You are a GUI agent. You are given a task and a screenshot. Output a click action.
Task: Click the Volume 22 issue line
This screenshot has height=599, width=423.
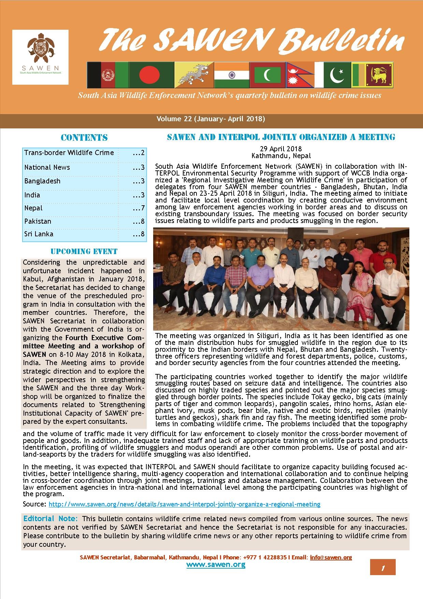[211, 119]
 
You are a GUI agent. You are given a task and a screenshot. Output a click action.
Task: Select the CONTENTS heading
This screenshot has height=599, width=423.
[84, 138]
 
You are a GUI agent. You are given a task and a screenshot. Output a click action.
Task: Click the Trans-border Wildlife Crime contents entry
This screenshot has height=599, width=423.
[69, 153]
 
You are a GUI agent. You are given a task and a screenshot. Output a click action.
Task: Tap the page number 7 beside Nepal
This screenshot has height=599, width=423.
[139, 208]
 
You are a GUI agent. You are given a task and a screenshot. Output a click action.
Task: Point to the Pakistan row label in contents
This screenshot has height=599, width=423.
[38, 221]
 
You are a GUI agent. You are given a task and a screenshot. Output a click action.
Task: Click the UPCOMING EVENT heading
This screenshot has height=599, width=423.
[84, 252]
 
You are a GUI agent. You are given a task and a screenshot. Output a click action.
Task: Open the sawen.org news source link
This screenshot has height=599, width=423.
[185, 504]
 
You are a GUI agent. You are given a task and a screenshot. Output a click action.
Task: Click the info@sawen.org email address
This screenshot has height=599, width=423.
[331, 557]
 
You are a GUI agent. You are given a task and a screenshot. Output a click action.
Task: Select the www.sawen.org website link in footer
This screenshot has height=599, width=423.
[216, 565]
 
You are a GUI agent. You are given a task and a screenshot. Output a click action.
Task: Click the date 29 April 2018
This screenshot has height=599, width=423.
[281, 149]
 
